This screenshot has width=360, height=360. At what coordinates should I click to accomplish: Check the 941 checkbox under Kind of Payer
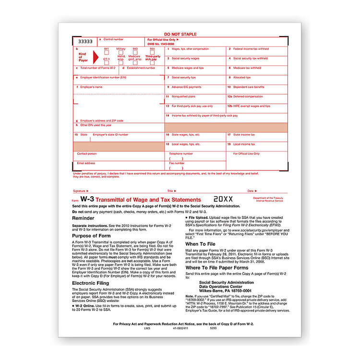[107, 53]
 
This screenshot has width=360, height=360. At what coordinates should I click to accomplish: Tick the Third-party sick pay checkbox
[153, 62]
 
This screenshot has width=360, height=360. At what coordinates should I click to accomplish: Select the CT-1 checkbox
[107, 62]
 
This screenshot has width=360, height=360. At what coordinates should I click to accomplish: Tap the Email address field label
[86, 163]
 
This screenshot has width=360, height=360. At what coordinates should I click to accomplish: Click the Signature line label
[79, 191]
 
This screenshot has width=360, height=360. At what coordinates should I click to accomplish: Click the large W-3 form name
[86, 199]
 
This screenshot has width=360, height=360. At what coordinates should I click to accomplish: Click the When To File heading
[201, 244]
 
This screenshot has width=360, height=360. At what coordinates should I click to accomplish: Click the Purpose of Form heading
[92, 236]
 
